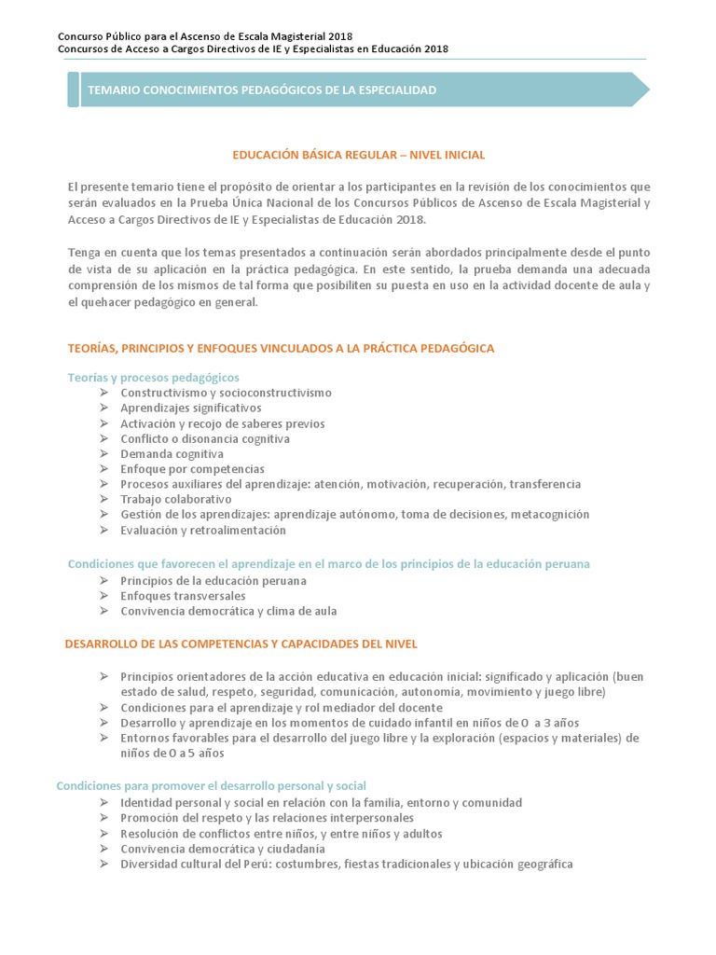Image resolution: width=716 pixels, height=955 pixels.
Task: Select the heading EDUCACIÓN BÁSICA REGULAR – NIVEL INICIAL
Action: pyautogui.click(x=358, y=155)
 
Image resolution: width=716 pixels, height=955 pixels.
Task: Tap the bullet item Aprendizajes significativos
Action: pyautogui.click(x=190, y=408)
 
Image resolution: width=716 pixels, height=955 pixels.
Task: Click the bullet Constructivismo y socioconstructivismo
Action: pyautogui.click(x=226, y=393)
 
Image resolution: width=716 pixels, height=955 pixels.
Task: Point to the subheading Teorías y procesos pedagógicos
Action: pyautogui.click(x=154, y=377)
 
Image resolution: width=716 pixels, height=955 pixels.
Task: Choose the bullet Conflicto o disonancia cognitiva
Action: pyautogui.click(x=205, y=438)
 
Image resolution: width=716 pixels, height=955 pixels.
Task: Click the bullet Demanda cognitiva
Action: pyautogui.click(x=172, y=454)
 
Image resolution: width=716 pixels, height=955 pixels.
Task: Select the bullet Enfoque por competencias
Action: pyautogui.click(x=192, y=469)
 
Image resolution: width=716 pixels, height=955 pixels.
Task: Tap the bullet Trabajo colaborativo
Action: pyautogui.click(x=175, y=499)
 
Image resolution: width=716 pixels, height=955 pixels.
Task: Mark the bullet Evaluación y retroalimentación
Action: pyautogui.click(x=203, y=530)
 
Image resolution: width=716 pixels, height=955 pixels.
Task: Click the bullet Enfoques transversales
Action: pyautogui.click(x=183, y=595)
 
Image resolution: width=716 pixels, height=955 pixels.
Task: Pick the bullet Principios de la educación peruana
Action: pyautogui.click(x=213, y=580)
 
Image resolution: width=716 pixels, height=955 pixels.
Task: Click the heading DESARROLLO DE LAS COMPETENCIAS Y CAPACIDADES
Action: pyautogui.click(x=241, y=644)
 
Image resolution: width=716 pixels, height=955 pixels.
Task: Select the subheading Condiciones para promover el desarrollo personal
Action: pyautogui.click(x=212, y=786)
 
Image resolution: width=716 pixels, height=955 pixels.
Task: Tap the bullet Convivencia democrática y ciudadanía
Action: pyautogui.click(x=223, y=849)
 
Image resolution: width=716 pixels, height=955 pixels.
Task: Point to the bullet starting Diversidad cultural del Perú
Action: pyautogui.click(x=346, y=864)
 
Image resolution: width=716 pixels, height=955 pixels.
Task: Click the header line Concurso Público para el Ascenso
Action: pyautogui.click(x=186, y=35)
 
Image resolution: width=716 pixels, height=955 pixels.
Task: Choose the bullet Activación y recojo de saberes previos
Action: pyautogui.click(x=222, y=423)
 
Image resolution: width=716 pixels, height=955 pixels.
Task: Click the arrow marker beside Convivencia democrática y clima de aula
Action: pyautogui.click(x=103, y=611)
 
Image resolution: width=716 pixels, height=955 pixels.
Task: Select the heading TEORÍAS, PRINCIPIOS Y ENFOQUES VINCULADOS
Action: pyautogui.click(x=281, y=348)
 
